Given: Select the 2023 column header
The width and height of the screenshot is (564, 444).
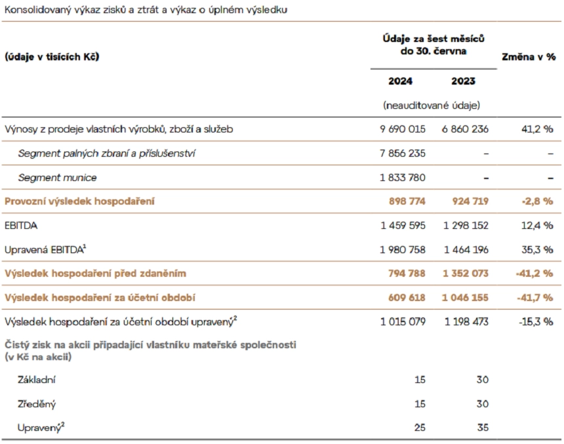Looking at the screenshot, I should point(463,81).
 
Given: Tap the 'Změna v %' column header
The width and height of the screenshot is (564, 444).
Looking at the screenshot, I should point(529,57).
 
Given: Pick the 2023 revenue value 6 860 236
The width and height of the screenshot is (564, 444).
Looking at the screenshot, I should point(465,129).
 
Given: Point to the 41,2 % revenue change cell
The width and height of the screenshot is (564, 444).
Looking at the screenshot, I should point(536,129).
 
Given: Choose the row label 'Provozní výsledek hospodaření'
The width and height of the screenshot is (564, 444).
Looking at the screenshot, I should point(79,201).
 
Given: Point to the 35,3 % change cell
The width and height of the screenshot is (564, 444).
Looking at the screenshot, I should point(536,249).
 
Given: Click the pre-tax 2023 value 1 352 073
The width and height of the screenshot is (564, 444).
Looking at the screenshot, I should point(465,273).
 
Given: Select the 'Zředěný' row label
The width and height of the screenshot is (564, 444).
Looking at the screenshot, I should point(37,404).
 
